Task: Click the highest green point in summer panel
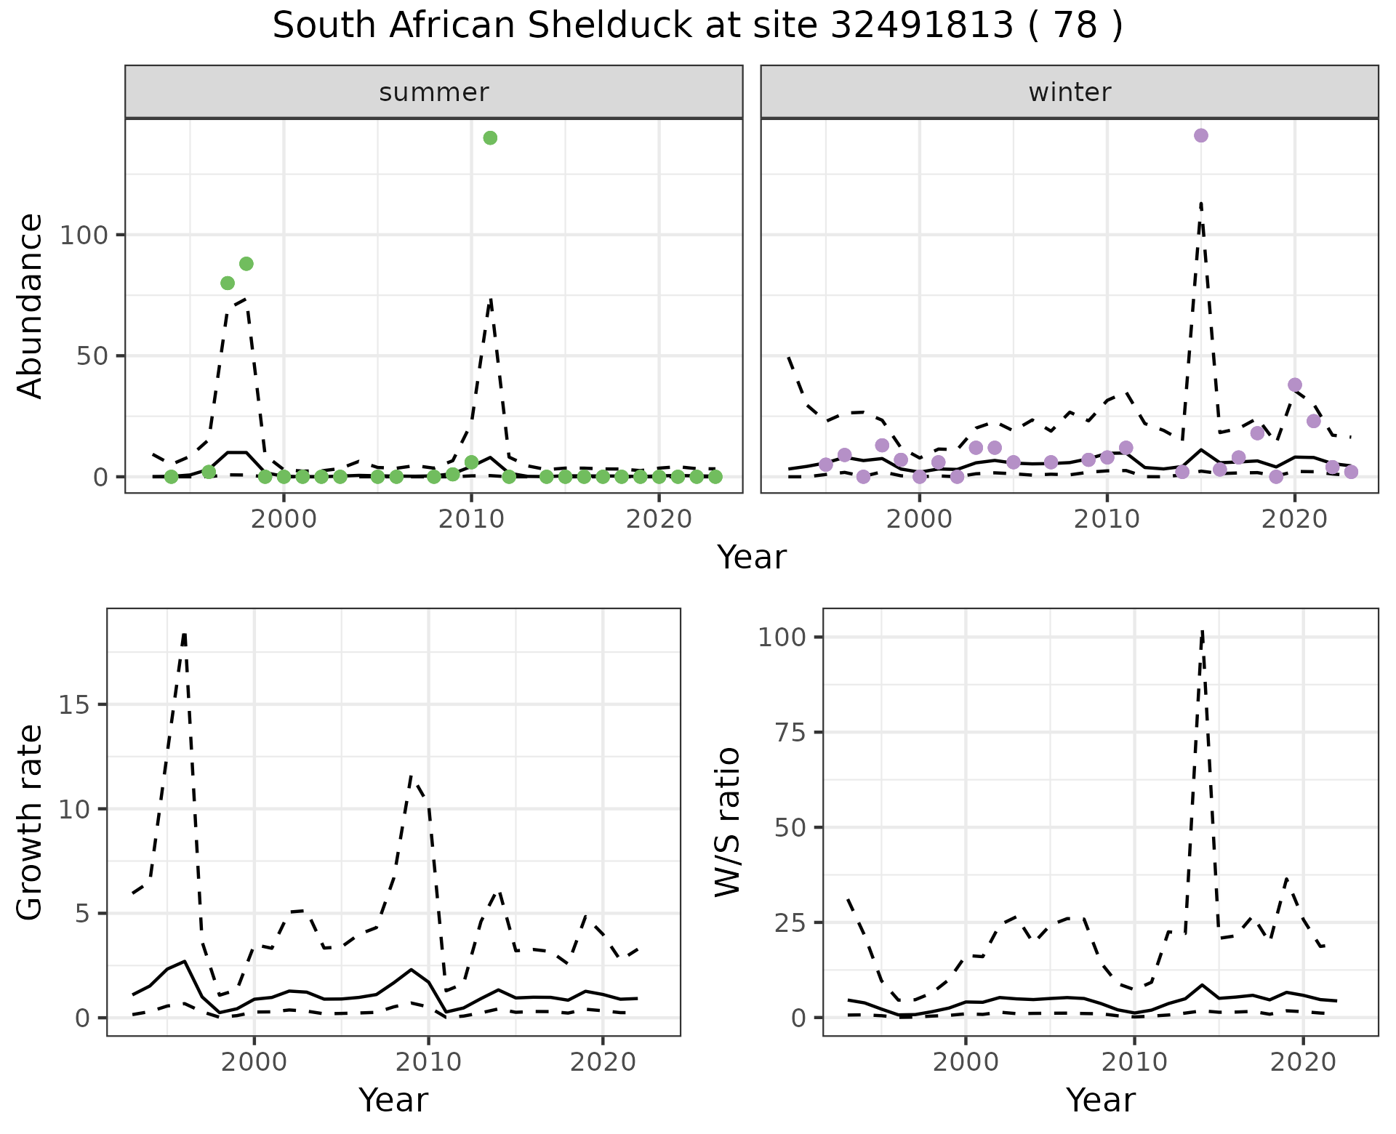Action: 490,138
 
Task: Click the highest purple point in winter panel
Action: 1200,135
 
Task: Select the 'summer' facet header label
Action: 434,92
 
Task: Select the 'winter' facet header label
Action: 1070,92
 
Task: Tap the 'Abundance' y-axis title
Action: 31,306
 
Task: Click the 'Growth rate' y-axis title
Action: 31,822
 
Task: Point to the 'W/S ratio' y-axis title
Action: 728,822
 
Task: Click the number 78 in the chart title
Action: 1074,26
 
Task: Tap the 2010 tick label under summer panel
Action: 471,520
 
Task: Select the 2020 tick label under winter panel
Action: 1294,520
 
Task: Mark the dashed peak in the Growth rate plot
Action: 185,635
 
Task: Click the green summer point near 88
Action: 246,264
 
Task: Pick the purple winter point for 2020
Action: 1294,385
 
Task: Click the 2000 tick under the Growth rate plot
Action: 254,1062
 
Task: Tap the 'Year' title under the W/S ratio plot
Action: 1100,1100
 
